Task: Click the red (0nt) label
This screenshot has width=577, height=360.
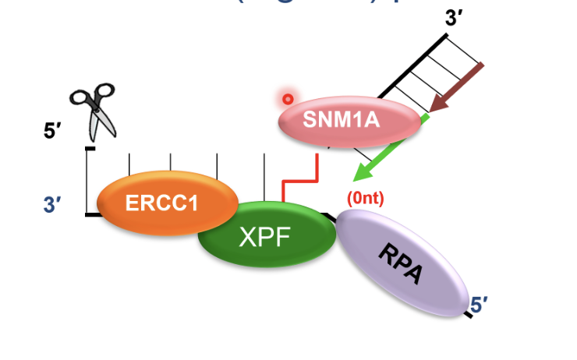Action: click(365, 198)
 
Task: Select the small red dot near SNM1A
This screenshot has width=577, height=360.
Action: click(288, 99)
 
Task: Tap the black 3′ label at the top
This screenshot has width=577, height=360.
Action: click(455, 18)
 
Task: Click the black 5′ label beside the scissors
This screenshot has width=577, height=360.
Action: click(54, 132)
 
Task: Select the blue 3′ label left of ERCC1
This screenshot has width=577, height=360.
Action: click(53, 206)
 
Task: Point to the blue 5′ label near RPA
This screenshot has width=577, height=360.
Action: click(480, 303)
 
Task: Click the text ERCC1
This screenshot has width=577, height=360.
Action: click(162, 204)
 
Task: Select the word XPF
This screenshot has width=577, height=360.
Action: click(263, 237)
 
